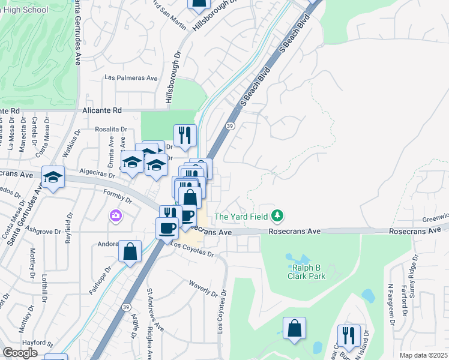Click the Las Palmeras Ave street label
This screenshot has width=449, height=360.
pyautogui.click(x=130, y=78)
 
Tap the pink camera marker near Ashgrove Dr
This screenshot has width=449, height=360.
pyautogui.click(x=115, y=215)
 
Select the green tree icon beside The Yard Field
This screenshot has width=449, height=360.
pyautogui.click(x=277, y=215)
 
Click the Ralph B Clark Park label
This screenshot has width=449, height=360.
pyautogui.click(x=309, y=272)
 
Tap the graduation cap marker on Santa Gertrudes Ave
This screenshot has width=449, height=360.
pyautogui.click(x=53, y=177)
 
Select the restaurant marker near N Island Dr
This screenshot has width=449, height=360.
pyautogui.click(x=348, y=335)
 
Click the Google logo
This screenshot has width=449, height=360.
pyautogui.click(x=20, y=353)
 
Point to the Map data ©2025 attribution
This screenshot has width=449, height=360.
pyautogui.click(x=424, y=355)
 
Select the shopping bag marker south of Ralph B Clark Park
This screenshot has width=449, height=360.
pyautogui.click(x=294, y=329)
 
